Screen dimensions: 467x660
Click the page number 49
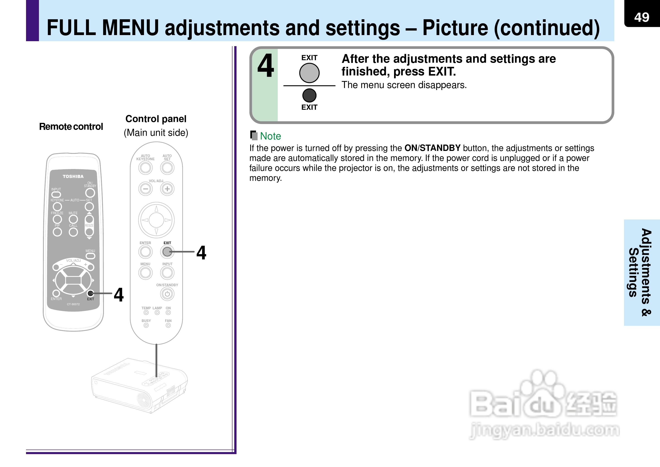coord(642,17)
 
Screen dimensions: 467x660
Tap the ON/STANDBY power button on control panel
coord(167,294)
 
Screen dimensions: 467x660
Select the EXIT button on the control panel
coord(167,252)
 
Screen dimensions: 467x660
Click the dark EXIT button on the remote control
coord(90,293)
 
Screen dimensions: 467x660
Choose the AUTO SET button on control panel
coord(167,168)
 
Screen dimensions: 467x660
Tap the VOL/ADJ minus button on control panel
coord(146,189)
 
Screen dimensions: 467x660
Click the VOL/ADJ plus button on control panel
coord(167,189)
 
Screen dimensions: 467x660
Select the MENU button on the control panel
coord(146,273)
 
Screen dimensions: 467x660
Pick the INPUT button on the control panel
coord(167,273)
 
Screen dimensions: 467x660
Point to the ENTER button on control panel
coord(146,252)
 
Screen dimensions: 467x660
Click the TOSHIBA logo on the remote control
coord(73,176)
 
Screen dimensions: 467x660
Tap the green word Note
coord(270,136)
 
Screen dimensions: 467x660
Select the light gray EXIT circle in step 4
coord(309,73)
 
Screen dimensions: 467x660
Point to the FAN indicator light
coord(168,325)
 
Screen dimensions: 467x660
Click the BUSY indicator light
coord(146,325)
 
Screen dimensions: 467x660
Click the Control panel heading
coord(156,119)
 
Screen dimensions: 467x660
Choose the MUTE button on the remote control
coord(73,219)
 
